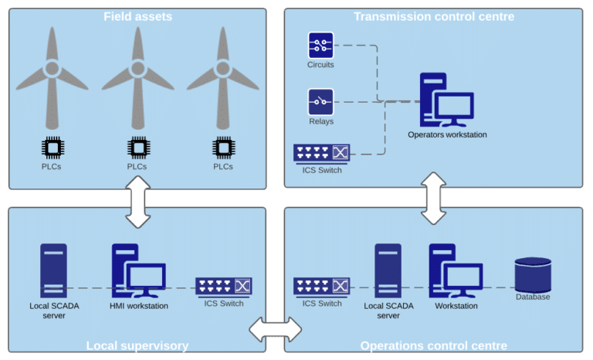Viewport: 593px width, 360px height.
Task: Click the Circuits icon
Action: coord(320,45)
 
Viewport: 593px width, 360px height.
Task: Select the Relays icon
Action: coord(320,102)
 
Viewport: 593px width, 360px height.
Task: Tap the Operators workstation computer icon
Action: coord(446,100)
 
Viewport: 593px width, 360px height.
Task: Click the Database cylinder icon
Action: coord(533,275)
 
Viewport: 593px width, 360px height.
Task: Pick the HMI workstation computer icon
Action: coord(138,270)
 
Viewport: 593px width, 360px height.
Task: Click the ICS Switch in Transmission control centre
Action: coord(321,154)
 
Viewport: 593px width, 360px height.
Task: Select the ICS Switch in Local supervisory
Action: coord(223,287)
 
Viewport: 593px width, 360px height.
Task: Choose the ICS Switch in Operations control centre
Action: coord(321,287)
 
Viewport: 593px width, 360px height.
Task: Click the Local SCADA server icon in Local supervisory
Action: coord(54,270)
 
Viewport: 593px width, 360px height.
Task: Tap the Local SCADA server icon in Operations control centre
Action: coord(388,270)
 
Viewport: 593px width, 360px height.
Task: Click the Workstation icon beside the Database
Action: coord(456,270)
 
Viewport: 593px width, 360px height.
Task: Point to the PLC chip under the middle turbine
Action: coord(138,148)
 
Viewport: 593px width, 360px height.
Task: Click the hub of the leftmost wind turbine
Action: coord(53,69)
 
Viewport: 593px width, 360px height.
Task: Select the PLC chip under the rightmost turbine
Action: coord(223,148)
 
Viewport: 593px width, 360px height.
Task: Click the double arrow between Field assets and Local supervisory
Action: coord(138,202)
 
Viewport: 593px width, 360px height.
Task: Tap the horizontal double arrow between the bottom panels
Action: coord(276,329)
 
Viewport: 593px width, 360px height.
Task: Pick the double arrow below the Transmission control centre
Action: coord(433,199)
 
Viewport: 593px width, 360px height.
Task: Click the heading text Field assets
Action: coord(137,17)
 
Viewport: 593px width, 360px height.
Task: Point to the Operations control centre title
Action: coord(433,345)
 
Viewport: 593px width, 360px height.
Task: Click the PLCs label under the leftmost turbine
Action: coord(52,167)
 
